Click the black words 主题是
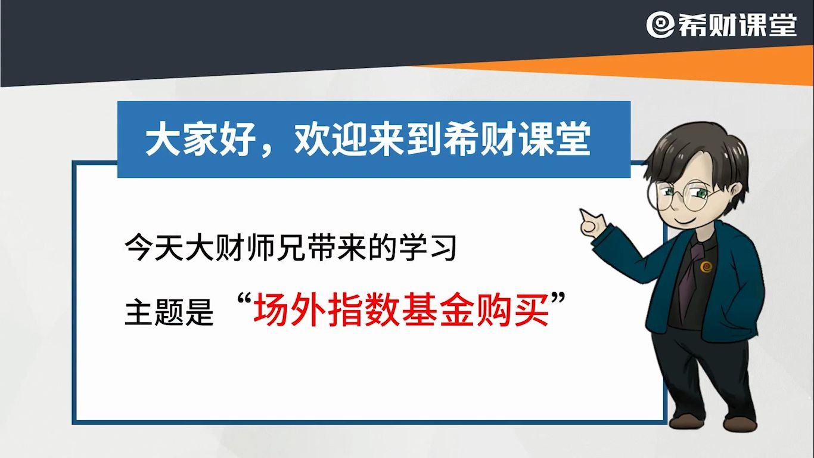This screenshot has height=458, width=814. [169, 312]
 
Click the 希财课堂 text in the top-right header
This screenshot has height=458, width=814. [737, 26]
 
